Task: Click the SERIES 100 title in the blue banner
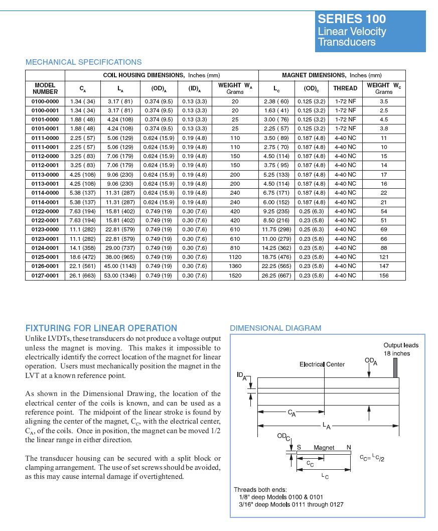click(352, 19)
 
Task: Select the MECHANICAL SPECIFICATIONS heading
click(83, 62)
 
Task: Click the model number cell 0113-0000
click(45, 175)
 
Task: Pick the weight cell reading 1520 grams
click(235, 276)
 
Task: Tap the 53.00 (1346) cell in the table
click(120, 276)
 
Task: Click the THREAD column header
click(345, 88)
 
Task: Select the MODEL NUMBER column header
click(45, 88)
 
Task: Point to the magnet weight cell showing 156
click(384, 276)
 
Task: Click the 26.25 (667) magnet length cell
click(276, 276)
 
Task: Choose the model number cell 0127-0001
click(45, 276)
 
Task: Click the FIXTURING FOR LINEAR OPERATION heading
click(101, 328)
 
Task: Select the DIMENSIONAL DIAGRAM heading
click(275, 328)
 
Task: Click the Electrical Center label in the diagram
click(322, 364)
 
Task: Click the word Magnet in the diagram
click(324, 447)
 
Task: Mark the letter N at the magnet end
click(349, 447)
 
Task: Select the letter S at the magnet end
click(299, 447)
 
